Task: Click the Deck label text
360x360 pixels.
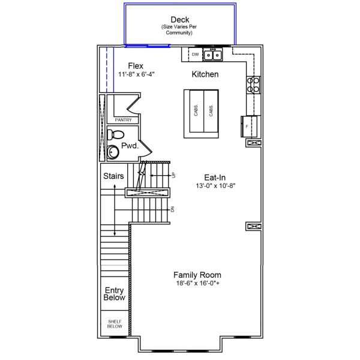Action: pos(180,20)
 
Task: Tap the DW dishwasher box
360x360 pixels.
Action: pos(195,55)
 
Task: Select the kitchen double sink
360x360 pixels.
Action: pos(212,55)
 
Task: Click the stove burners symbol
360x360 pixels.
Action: pos(253,85)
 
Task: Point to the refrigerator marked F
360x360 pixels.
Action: pos(250,125)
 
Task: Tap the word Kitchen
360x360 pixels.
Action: pos(205,74)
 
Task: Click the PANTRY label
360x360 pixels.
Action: pos(123,119)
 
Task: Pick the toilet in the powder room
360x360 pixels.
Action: pos(118,134)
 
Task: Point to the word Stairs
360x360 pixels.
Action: pos(113,176)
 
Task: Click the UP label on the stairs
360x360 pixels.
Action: pos(173,175)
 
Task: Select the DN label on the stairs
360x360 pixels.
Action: pos(173,209)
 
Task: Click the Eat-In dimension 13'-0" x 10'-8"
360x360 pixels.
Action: pos(215,186)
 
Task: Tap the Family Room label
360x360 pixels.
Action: pos(197,275)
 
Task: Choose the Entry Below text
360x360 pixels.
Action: pos(115,294)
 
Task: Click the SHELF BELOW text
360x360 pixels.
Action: pos(115,325)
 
